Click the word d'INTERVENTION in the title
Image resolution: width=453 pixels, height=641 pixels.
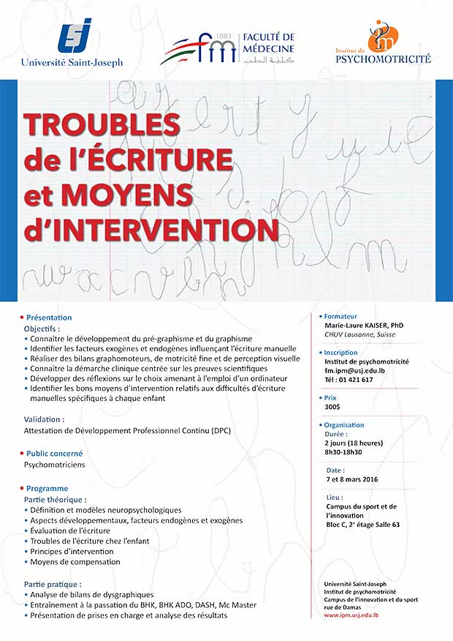pyautogui.click(x=151, y=229)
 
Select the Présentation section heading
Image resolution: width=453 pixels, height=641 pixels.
pyautogui.click(x=49, y=318)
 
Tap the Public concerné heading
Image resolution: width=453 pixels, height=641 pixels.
pyautogui.click(x=54, y=454)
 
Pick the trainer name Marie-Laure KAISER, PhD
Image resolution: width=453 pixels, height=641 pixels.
pyautogui.click(x=364, y=325)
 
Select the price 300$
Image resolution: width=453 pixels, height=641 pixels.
pyautogui.click(x=332, y=407)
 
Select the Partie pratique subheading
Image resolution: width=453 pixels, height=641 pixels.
pyautogui.click(x=52, y=585)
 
